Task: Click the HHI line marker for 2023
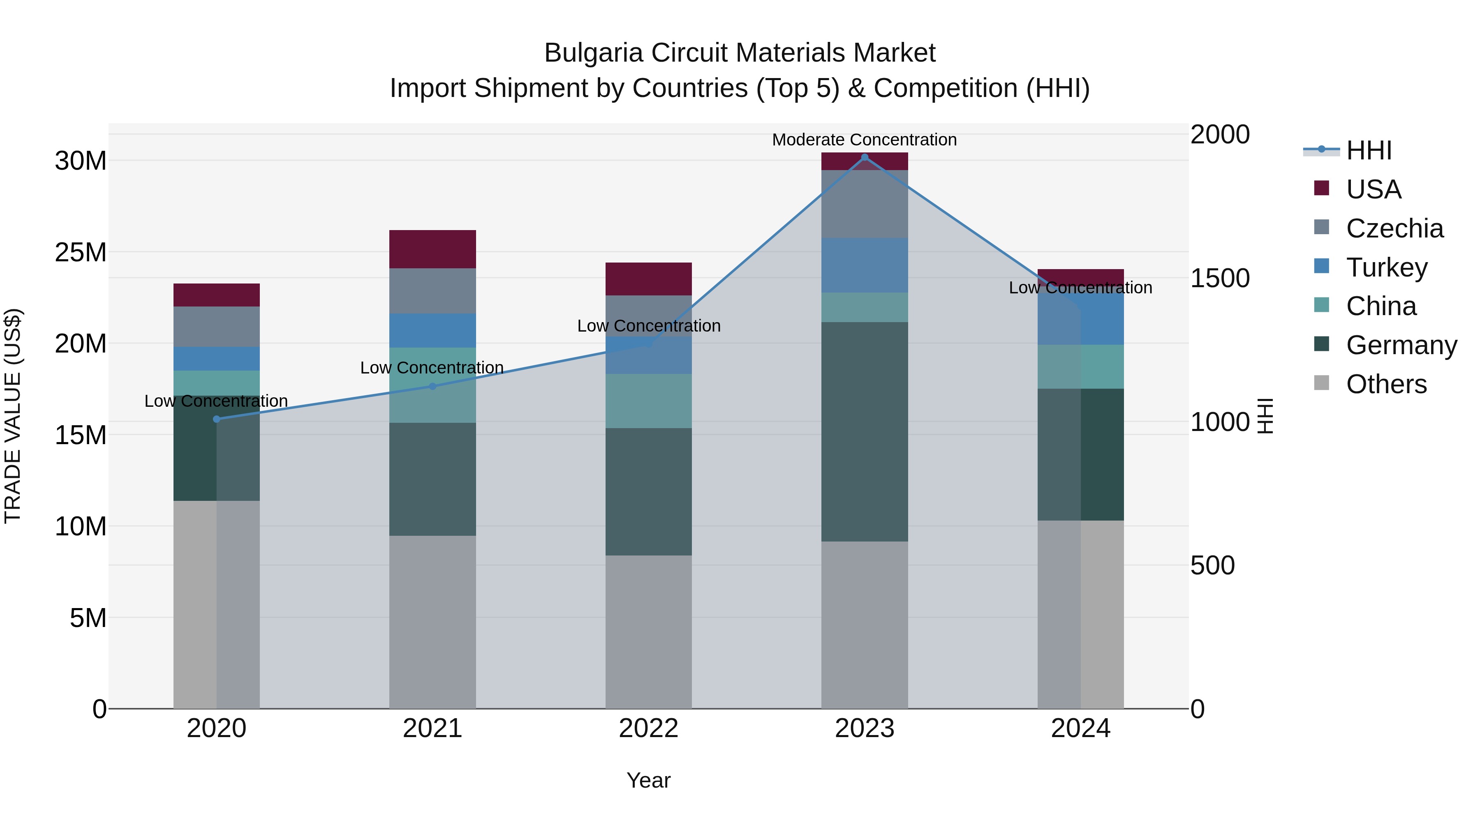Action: (864, 157)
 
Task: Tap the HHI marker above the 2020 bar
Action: (217, 419)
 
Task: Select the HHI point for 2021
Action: (432, 387)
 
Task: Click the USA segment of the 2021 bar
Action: (432, 249)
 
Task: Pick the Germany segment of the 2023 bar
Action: (864, 431)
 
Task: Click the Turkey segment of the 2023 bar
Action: (864, 265)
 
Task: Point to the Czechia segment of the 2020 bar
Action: (217, 326)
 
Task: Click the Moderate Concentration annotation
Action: (864, 140)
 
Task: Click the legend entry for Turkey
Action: (1386, 267)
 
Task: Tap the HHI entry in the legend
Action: (1369, 150)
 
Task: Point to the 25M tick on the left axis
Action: (81, 253)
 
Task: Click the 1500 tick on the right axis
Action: (1220, 279)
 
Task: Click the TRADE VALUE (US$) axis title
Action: (13, 416)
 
